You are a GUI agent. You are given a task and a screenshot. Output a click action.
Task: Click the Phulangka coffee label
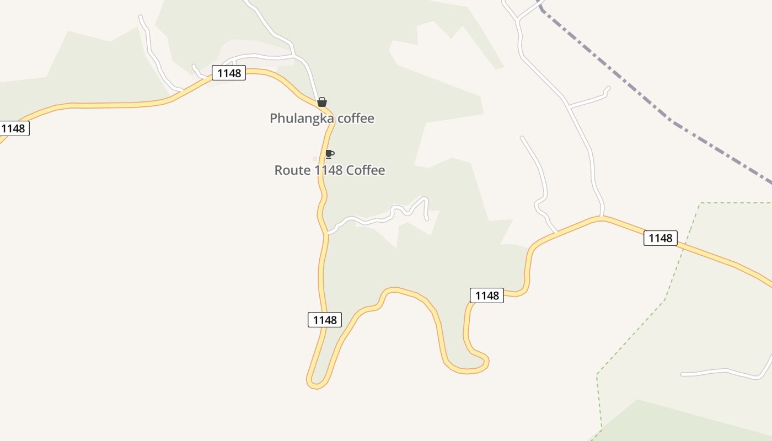pyautogui.click(x=322, y=119)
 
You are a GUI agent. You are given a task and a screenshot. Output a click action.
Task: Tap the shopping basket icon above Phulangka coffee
pyautogui.click(x=322, y=103)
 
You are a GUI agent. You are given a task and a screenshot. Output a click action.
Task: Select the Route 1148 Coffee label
pyautogui.click(x=330, y=170)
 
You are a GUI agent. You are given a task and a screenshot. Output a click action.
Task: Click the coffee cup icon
pyautogui.click(x=329, y=154)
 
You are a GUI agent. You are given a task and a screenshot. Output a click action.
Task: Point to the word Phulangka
pyautogui.click(x=302, y=119)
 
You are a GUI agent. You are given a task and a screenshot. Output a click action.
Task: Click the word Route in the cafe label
pyautogui.click(x=293, y=170)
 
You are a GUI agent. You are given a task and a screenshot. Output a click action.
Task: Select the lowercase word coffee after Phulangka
pyautogui.click(x=356, y=119)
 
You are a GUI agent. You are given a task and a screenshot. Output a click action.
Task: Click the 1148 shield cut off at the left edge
pyautogui.click(x=13, y=128)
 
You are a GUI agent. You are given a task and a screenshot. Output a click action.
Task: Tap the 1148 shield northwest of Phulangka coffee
pyautogui.click(x=229, y=73)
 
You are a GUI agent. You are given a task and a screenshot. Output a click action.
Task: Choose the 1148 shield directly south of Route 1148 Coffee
pyautogui.click(x=324, y=320)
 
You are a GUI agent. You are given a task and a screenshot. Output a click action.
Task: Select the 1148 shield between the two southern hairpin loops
pyautogui.click(x=487, y=295)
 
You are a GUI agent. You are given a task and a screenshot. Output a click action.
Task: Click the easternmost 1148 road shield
pyautogui.click(x=660, y=238)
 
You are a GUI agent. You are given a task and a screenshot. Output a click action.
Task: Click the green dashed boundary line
pyautogui.click(x=664, y=300)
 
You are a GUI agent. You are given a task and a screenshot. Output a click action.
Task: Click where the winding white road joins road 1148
pyautogui.click(x=329, y=233)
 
